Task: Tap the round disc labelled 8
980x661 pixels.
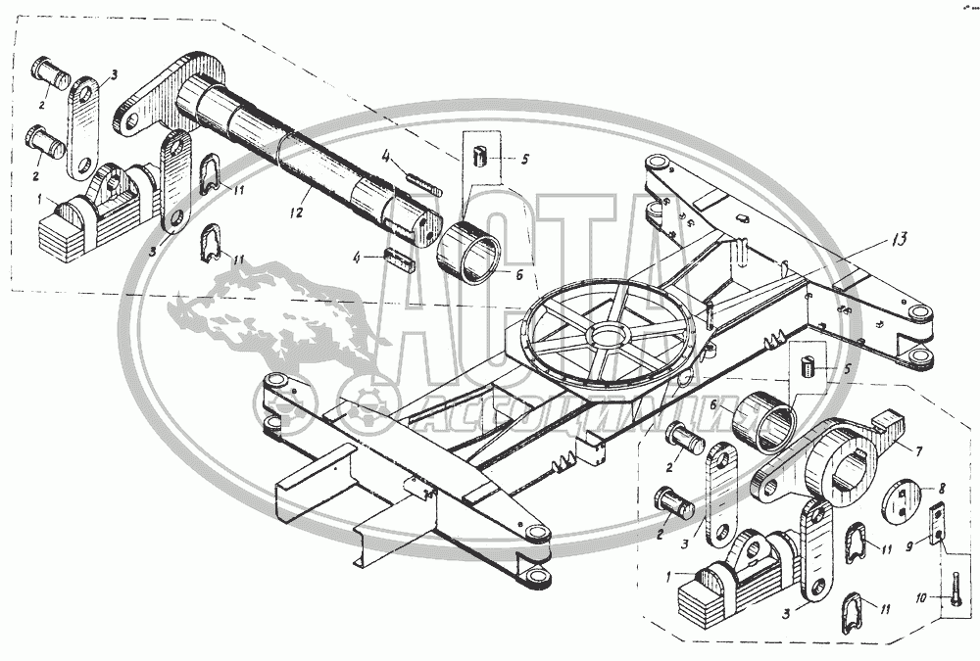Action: [x=904, y=498]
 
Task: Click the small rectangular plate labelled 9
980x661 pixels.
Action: [x=938, y=522]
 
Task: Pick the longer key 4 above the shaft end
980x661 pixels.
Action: [x=424, y=182]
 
